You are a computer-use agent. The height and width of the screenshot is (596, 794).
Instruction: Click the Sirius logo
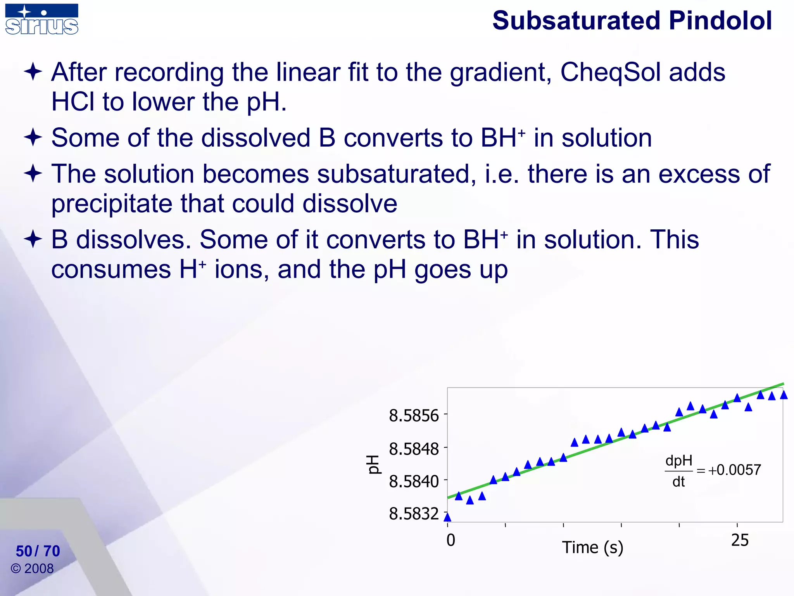tap(41, 19)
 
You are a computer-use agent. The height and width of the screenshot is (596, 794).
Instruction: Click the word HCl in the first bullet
tap(72, 102)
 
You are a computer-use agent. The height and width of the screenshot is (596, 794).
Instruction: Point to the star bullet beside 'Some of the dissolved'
tap(33, 138)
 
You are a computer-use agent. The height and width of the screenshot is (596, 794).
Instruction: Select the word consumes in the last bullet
tap(111, 269)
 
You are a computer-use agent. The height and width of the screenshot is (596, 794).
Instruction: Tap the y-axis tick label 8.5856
tap(414, 416)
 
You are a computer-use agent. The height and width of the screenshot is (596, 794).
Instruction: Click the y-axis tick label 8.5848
tap(414, 449)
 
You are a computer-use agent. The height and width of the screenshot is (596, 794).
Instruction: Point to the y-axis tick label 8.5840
tap(414, 482)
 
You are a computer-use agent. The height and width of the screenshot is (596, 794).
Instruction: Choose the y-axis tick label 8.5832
tap(414, 514)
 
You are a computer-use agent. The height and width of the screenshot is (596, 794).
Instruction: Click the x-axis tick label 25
tap(740, 540)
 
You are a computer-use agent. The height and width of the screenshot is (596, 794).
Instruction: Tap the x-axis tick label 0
tap(451, 540)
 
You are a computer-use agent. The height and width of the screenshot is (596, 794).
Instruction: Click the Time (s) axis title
tap(592, 547)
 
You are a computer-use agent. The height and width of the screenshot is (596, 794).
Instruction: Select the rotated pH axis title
tap(373, 464)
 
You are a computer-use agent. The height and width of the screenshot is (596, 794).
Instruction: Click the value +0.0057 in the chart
tap(734, 470)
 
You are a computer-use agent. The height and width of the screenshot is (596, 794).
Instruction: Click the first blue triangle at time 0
tap(447, 517)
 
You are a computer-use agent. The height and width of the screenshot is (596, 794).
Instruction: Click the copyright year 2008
tap(39, 568)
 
